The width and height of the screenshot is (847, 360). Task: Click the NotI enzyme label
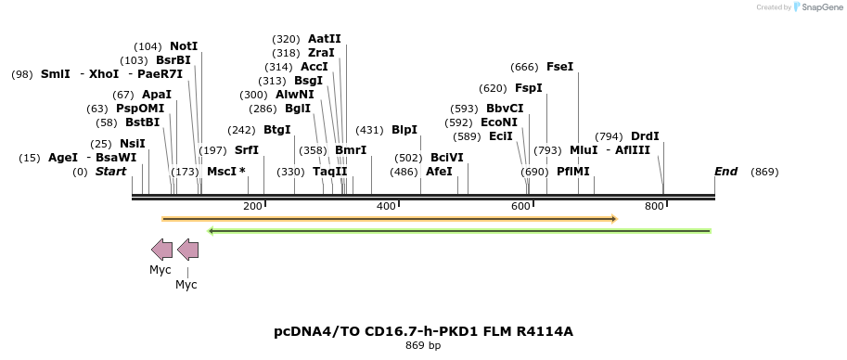[x=184, y=46]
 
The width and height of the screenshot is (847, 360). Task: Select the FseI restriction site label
[x=560, y=67]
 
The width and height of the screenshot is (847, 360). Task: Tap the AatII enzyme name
[x=325, y=39]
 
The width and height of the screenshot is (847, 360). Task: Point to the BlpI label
[x=404, y=130]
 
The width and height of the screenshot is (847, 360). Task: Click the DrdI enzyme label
[x=645, y=136]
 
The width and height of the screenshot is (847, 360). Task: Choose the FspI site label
[x=529, y=88]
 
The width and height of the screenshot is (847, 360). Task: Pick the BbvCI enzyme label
[x=505, y=109]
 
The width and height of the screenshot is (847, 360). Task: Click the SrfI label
[x=247, y=150]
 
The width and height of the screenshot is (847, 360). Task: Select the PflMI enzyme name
[x=573, y=172]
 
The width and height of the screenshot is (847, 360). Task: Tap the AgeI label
[x=63, y=158]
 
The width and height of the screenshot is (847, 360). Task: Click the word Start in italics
[x=110, y=172]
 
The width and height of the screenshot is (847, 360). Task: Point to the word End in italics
[x=725, y=172]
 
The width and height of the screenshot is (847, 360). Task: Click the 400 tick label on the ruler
[x=387, y=206]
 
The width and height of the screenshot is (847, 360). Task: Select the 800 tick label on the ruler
[x=654, y=206]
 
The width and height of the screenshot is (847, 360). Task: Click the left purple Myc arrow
[x=161, y=249]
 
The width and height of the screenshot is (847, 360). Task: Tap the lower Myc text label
[x=186, y=285]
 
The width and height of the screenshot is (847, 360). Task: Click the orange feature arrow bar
[x=390, y=219]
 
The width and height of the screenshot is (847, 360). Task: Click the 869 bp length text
[x=423, y=346]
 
